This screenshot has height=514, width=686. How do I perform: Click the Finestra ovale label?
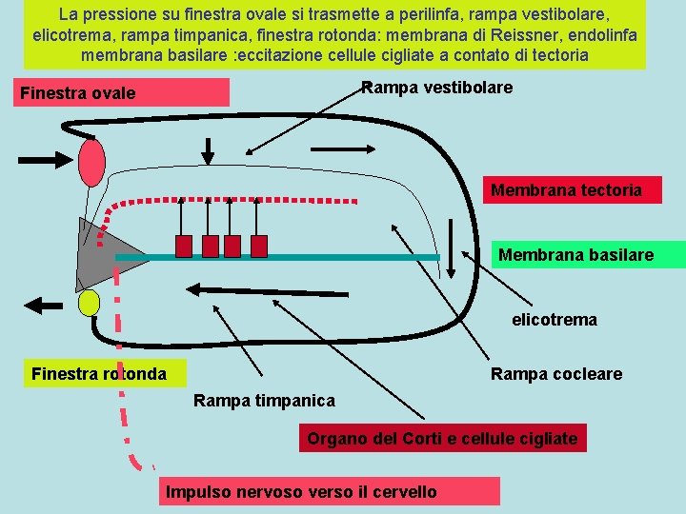(78, 93)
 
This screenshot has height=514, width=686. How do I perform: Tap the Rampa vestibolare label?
(437, 88)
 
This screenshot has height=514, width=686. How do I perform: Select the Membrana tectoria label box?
(566, 190)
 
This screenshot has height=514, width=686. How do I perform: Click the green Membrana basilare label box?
(575, 255)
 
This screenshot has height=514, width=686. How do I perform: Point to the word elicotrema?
(555, 320)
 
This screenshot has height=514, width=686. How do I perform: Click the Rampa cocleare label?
(556, 374)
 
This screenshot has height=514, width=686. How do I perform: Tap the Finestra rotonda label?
(98, 373)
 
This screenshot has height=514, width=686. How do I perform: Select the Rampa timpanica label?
(264, 401)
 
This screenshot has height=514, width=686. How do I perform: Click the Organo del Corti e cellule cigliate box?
(442, 439)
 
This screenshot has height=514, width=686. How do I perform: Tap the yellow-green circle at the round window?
(89, 303)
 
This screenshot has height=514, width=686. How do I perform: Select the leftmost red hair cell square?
(185, 246)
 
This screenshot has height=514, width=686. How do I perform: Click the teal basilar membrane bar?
(276, 258)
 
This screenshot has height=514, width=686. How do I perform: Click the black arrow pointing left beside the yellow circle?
(44, 305)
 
